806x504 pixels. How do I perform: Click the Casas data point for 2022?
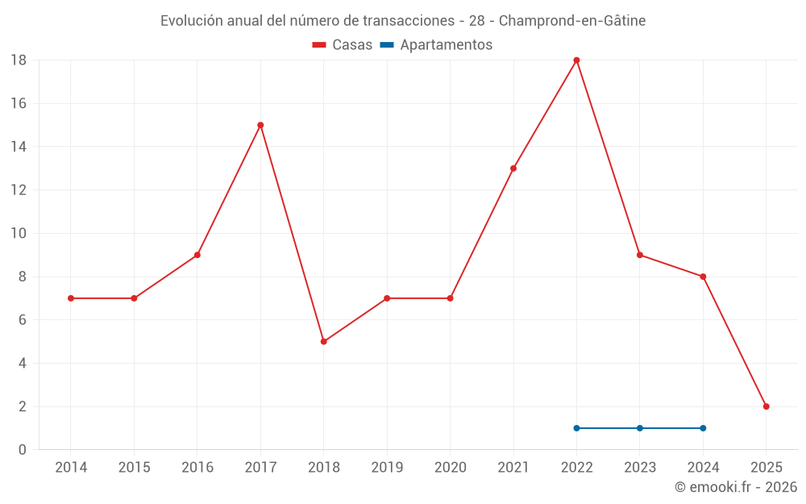point(576,60)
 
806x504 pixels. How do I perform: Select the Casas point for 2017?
point(260,125)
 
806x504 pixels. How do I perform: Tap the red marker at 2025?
point(766,406)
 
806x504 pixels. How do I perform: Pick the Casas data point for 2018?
point(323,341)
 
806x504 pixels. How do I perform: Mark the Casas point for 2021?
point(513,169)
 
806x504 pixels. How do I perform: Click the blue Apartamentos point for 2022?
point(576,428)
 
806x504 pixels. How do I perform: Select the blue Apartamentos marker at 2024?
point(703,428)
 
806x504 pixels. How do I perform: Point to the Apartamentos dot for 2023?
point(640,428)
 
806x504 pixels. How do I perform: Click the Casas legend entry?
point(343,45)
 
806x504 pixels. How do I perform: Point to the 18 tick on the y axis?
point(19,60)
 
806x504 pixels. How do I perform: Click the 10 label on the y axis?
point(19,234)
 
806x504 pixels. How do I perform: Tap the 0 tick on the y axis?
point(23,450)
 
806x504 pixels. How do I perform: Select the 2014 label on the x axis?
point(71,468)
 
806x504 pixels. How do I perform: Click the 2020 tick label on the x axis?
point(450,468)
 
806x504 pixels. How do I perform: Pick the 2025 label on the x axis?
point(766,468)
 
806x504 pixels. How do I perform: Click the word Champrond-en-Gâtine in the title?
point(572,21)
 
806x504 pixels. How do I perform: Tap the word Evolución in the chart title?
point(192,21)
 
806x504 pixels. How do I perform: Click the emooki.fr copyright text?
point(736,487)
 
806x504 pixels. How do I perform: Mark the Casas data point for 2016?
point(197,255)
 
